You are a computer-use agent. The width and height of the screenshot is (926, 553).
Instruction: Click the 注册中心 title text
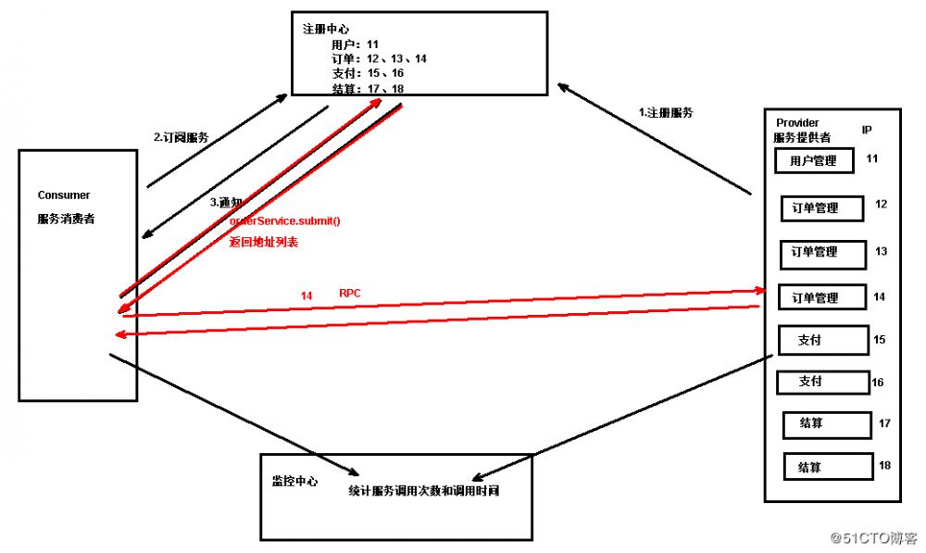[321, 28]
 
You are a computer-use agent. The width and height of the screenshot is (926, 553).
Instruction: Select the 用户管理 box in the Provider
[813, 161]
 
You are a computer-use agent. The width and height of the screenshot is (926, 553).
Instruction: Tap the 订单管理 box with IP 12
[820, 208]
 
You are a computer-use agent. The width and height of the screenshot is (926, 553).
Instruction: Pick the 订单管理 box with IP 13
[820, 252]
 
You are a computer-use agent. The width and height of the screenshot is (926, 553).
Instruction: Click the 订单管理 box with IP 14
[820, 297]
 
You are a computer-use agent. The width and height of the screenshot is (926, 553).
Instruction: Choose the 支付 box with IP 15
[822, 340]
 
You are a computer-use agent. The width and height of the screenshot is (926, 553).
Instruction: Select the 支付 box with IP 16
[821, 381]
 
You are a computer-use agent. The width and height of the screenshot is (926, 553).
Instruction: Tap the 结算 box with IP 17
[826, 423]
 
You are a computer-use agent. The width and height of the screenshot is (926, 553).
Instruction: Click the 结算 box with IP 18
[827, 467]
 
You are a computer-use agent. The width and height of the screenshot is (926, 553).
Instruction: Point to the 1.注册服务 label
[667, 112]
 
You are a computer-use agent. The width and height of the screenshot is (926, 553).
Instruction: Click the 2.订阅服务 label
[181, 137]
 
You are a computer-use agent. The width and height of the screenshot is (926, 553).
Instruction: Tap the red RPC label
[350, 293]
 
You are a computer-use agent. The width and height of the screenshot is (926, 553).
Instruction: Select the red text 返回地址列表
[263, 242]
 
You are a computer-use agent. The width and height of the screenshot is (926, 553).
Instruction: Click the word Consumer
[64, 195]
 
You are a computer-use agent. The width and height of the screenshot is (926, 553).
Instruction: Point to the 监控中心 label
[294, 481]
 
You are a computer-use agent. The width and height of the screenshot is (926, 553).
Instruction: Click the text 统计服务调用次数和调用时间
[424, 490]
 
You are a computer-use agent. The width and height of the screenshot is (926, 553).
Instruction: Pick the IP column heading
[866, 131]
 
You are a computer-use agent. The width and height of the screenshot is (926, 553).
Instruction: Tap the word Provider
[797, 123]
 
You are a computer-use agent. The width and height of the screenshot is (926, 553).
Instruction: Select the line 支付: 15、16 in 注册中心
[368, 73]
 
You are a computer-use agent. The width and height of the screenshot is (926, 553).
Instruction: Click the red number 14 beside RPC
[307, 295]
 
